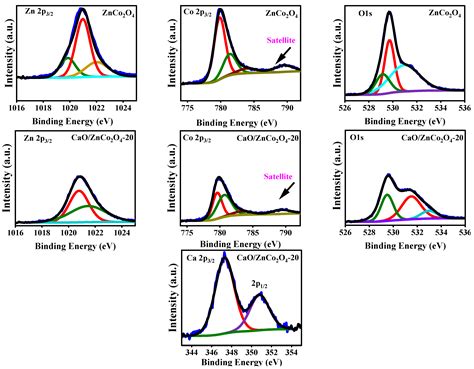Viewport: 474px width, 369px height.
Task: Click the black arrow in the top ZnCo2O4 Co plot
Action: pos(286,54)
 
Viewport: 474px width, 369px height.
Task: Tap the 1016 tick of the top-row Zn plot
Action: pos(16,105)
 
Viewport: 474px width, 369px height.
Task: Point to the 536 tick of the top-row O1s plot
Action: pos(465,105)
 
